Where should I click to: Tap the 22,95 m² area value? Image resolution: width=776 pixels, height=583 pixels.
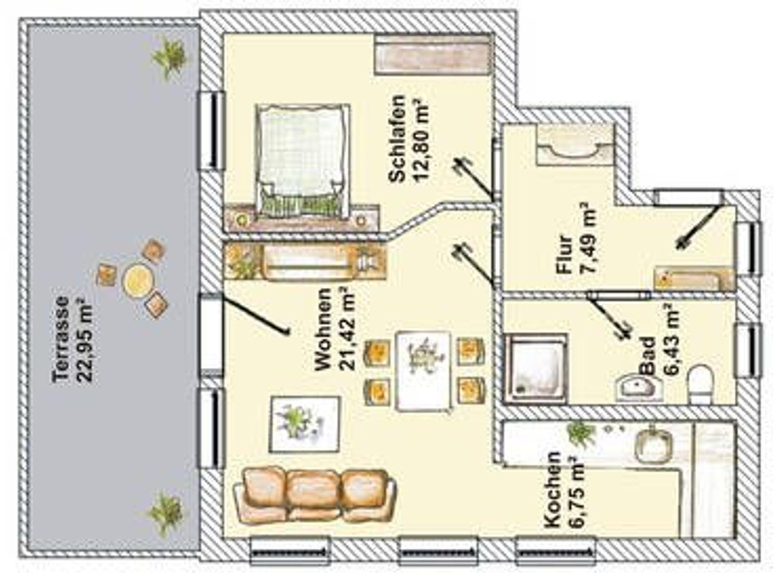pyautogui.click(x=84, y=340)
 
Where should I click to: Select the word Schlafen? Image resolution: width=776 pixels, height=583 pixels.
pyautogui.click(x=397, y=138)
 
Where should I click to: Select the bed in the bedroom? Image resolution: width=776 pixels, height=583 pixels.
pyautogui.click(x=302, y=161)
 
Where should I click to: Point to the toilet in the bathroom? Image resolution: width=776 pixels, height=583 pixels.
pyautogui.click(x=700, y=384)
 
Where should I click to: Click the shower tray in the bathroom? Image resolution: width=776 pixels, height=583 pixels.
pyautogui.click(x=536, y=368)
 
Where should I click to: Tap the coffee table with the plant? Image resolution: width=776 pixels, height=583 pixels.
pyautogui.click(x=304, y=424)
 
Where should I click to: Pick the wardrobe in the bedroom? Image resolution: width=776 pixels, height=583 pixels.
pyautogui.click(x=432, y=55)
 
